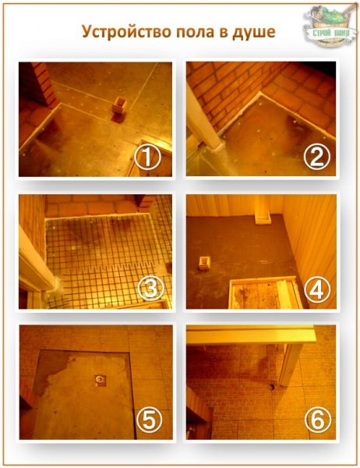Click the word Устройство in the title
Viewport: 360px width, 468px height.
[x=126, y=32]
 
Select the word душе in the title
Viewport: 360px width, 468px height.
[x=254, y=32]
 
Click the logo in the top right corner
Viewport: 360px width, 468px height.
[x=330, y=26]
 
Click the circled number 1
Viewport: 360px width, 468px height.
[x=147, y=158]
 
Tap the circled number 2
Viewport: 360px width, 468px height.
[x=316, y=158]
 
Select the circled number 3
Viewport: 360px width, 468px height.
[x=150, y=289]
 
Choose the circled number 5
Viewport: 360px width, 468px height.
[x=149, y=421]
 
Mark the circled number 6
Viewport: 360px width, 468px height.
[x=317, y=421]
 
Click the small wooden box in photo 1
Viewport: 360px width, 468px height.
[x=119, y=105]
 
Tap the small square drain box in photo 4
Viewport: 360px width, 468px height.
[x=205, y=263]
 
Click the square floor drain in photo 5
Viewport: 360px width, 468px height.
[x=100, y=381]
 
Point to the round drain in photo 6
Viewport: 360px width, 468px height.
[x=271, y=387]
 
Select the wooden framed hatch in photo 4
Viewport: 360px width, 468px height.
[x=266, y=292]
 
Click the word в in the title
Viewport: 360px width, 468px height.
[x=224, y=33]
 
